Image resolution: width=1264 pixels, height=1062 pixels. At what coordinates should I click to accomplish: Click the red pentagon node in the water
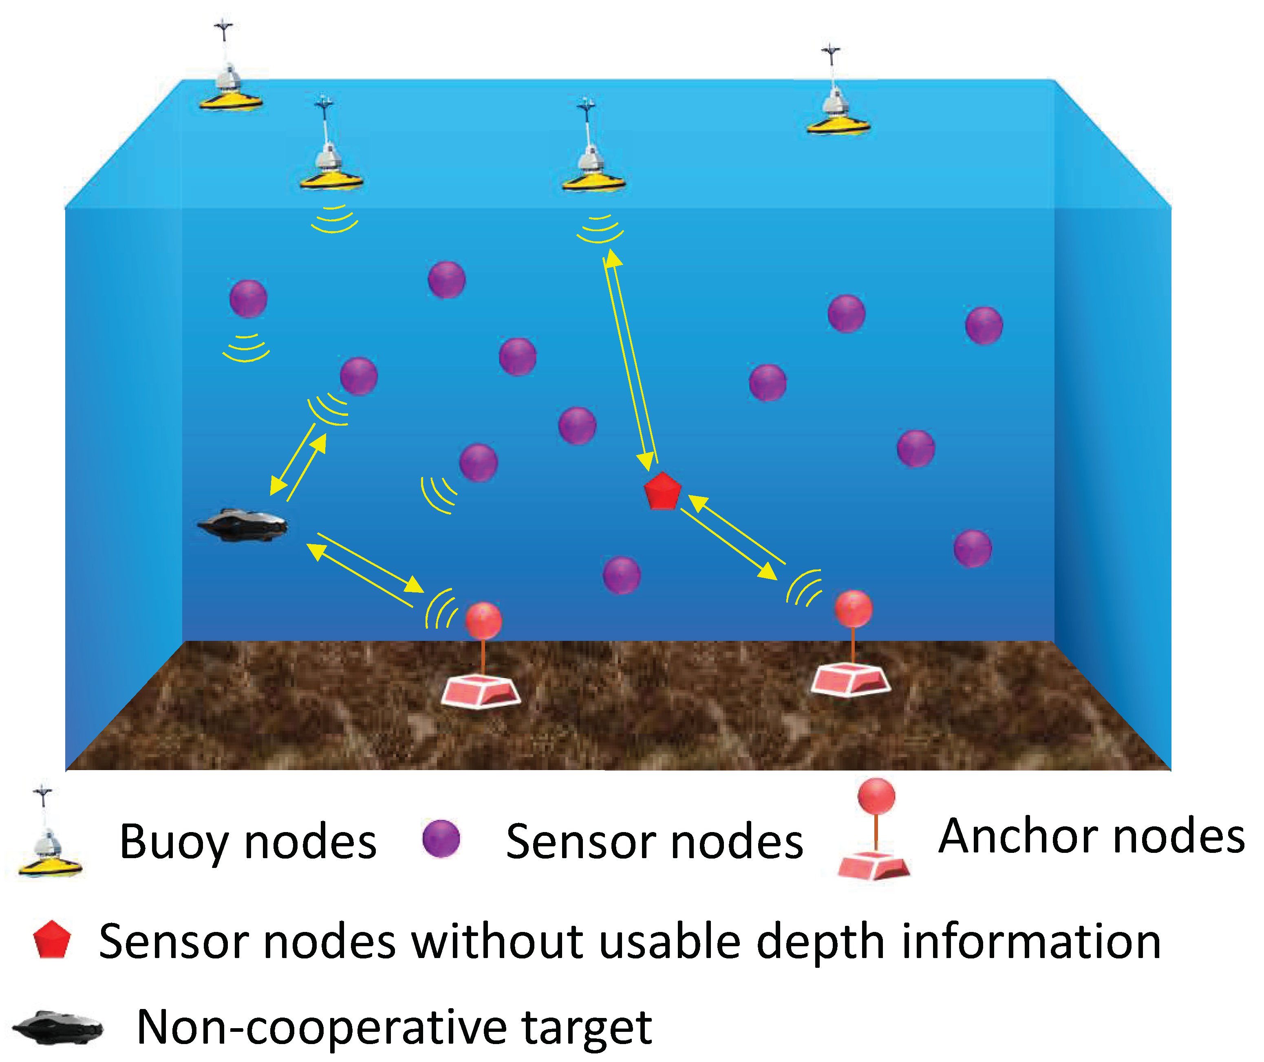pos(662,491)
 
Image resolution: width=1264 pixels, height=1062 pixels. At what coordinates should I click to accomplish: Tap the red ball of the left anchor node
pos(483,620)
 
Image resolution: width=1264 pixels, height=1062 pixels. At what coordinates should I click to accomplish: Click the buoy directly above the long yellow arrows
pos(593,168)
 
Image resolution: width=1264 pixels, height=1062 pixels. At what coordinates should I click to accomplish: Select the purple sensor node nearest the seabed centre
pos(621,575)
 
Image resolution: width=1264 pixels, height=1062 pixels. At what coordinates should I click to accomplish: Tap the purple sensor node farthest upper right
pos(984,325)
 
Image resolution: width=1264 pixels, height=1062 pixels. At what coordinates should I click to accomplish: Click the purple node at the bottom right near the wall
pos(972,548)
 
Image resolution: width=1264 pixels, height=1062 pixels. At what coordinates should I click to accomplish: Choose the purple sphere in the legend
pos(441,839)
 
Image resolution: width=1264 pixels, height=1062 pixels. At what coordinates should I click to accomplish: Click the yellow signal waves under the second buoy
pos(334,219)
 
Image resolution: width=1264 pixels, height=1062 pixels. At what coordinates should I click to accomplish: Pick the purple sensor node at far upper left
pos(248,298)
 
